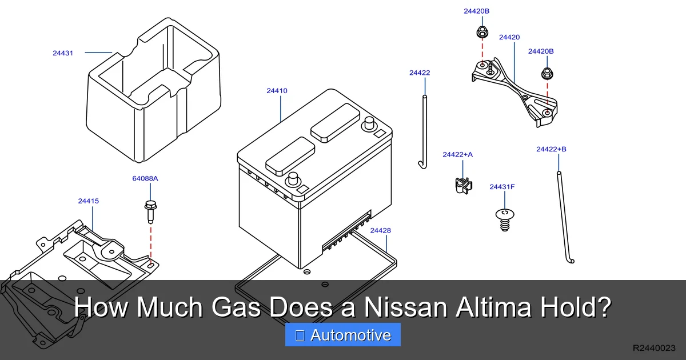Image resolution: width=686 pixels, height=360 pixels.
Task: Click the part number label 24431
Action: coord(63,53)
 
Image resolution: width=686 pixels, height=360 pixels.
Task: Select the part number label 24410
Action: coord(277,91)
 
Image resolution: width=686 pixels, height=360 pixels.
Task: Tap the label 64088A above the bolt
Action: coord(145,178)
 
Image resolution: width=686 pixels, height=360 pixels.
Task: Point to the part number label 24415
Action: coord(89,201)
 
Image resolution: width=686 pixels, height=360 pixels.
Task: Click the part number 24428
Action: coord(380,231)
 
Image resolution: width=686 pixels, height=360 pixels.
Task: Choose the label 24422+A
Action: coord(458,154)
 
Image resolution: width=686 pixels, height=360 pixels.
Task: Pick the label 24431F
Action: coord(502,187)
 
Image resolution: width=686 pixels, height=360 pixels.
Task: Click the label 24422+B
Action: coord(551,149)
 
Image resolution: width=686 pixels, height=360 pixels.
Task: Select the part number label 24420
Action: coord(509,38)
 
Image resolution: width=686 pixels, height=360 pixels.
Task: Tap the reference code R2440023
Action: coord(654,347)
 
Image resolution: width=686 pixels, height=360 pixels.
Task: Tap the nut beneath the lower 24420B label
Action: coord(547,73)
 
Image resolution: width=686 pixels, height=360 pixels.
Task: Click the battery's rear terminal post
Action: coord(369,123)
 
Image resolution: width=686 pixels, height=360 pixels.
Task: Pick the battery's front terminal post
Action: coord(294,178)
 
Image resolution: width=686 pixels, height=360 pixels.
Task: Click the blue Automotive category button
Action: coord(343,335)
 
